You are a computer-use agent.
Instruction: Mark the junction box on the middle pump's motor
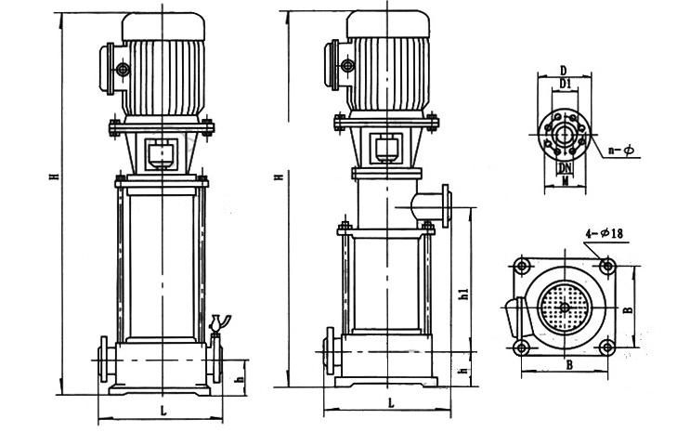click(x=341, y=63)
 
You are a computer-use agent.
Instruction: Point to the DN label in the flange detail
click(x=565, y=168)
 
